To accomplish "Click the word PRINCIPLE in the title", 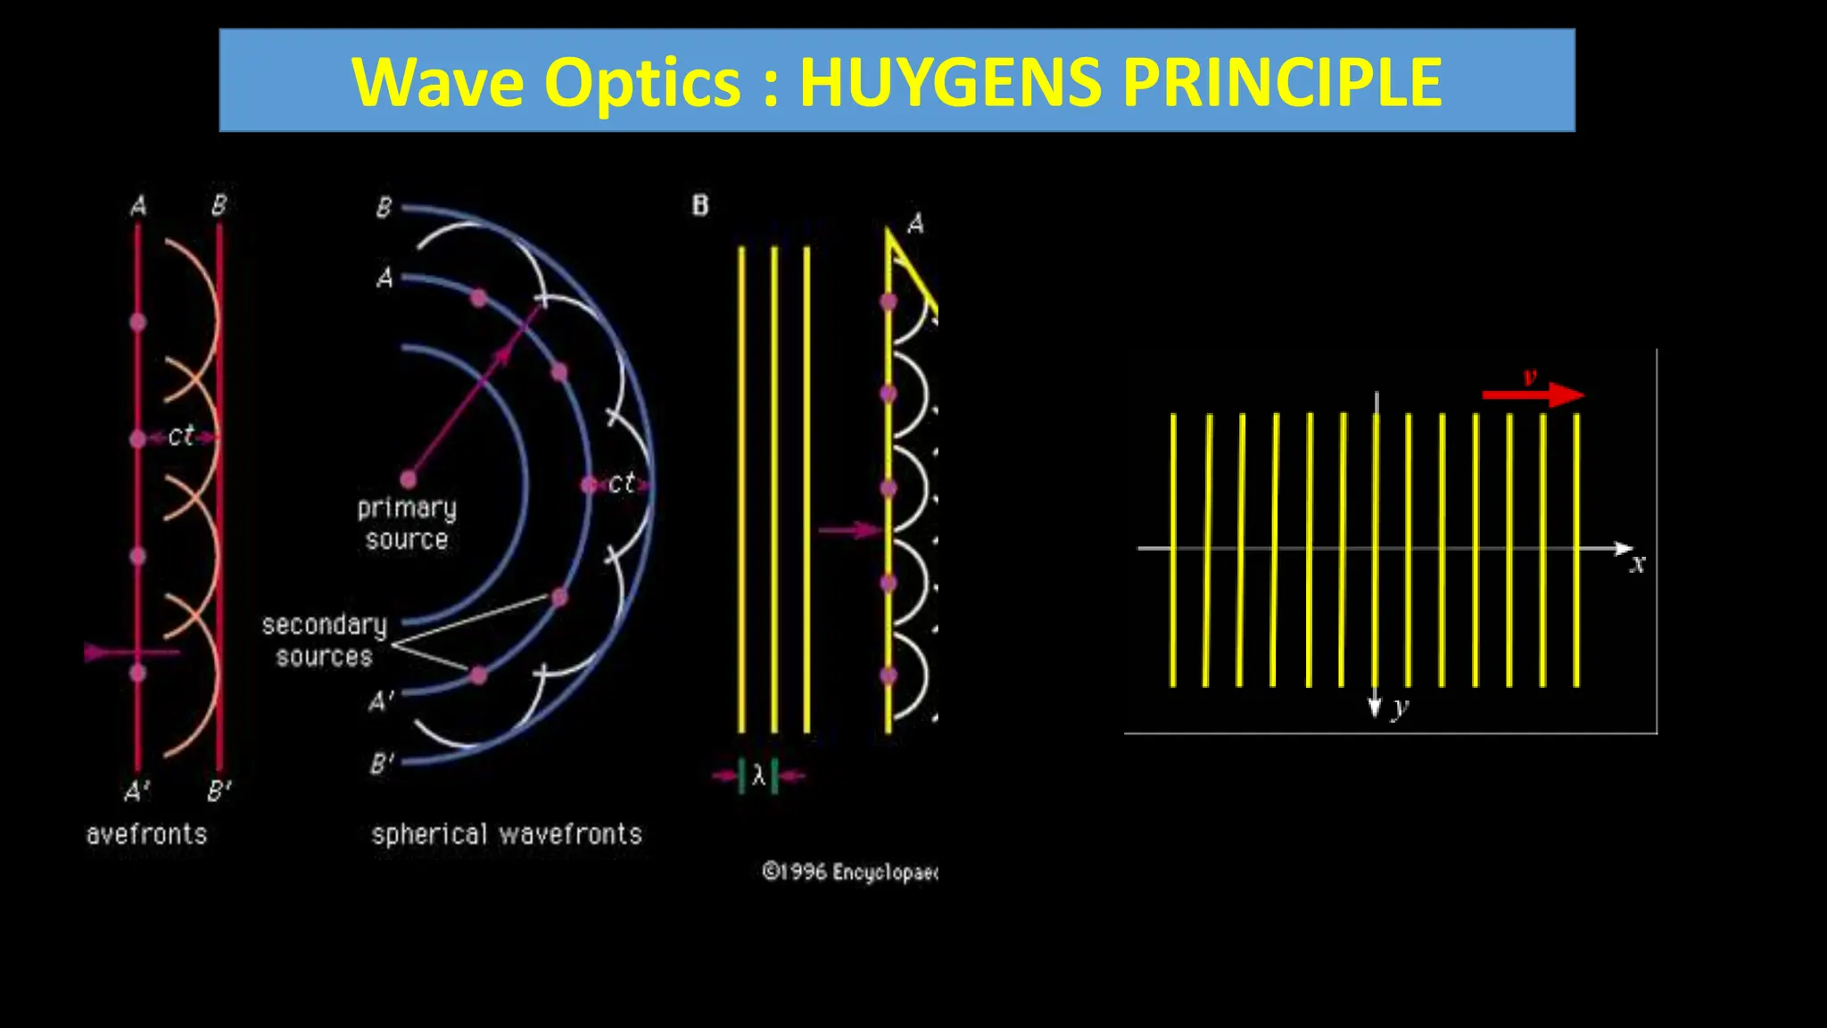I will click(1281, 82).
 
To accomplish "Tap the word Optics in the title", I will click(642, 82).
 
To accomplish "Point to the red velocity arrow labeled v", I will click(1532, 394).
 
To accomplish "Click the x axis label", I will click(1637, 564).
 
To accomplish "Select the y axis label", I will click(1401, 707).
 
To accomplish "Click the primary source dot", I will click(409, 480).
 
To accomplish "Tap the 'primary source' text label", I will click(407, 524).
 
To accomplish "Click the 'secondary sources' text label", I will click(324, 641).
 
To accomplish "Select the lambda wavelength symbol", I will click(758, 775).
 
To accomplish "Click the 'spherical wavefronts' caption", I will click(507, 835).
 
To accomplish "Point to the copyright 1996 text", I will click(848, 872).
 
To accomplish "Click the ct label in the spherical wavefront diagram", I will click(621, 484).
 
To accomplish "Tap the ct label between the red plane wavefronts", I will click(181, 436).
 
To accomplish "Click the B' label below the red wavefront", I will click(219, 792).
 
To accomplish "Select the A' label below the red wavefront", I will click(137, 792).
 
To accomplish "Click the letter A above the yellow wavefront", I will click(915, 224).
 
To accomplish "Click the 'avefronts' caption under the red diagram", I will click(146, 835).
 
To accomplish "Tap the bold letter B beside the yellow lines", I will click(700, 206).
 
